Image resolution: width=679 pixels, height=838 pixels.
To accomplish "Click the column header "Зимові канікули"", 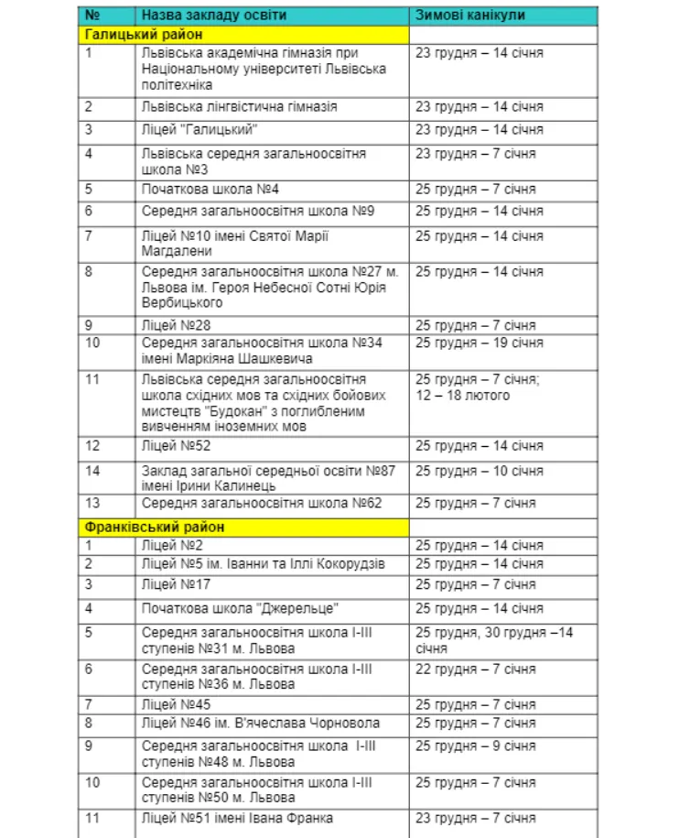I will (470, 16).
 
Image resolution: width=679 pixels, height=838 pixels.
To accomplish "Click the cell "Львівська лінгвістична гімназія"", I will (240, 107).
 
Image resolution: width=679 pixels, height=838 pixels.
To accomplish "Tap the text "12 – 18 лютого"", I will (463, 396).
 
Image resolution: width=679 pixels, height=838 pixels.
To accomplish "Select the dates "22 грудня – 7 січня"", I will (476, 669).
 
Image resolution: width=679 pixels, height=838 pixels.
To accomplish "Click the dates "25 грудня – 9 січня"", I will (476, 746).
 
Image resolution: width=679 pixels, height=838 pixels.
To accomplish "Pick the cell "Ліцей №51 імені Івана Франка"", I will (237, 818).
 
